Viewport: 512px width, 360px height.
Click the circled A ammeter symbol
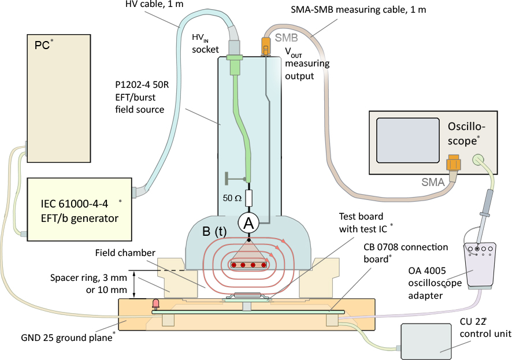(248, 223)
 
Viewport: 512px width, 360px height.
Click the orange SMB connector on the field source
(266, 45)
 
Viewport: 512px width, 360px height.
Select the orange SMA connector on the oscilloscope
(452, 165)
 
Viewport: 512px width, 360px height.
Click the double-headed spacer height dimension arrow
(135, 284)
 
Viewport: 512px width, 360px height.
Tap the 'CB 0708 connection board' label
(406, 252)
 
